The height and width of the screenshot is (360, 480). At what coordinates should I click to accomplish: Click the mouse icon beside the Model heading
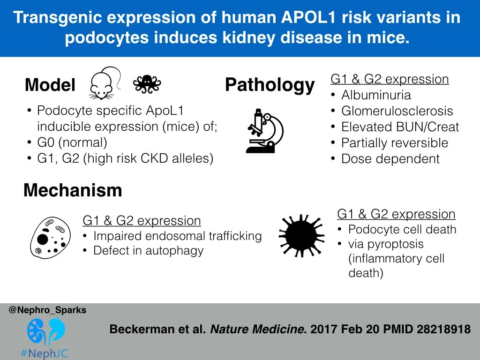(x=102, y=84)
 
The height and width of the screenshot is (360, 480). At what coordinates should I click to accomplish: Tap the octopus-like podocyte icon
(x=147, y=84)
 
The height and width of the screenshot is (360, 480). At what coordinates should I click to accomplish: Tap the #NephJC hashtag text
(x=45, y=353)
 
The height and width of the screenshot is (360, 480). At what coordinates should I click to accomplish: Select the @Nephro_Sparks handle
(x=47, y=310)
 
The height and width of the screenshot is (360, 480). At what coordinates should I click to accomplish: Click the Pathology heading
(x=270, y=85)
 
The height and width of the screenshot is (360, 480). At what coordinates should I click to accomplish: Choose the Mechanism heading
(x=73, y=190)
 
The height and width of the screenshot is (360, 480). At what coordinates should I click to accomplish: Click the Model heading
(x=50, y=85)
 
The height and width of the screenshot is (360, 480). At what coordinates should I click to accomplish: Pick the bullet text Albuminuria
(x=376, y=95)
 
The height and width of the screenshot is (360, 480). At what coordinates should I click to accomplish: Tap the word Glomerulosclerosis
(x=397, y=111)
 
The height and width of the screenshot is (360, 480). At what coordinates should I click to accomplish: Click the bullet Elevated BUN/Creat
(x=400, y=127)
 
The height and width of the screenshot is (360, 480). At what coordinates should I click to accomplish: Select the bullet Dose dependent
(x=390, y=159)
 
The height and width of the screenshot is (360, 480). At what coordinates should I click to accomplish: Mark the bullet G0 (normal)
(x=72, y=142)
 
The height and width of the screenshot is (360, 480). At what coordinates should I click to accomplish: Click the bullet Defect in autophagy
(x=148, y=251)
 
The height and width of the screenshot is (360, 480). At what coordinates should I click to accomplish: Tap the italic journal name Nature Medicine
(x=257, y=330)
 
